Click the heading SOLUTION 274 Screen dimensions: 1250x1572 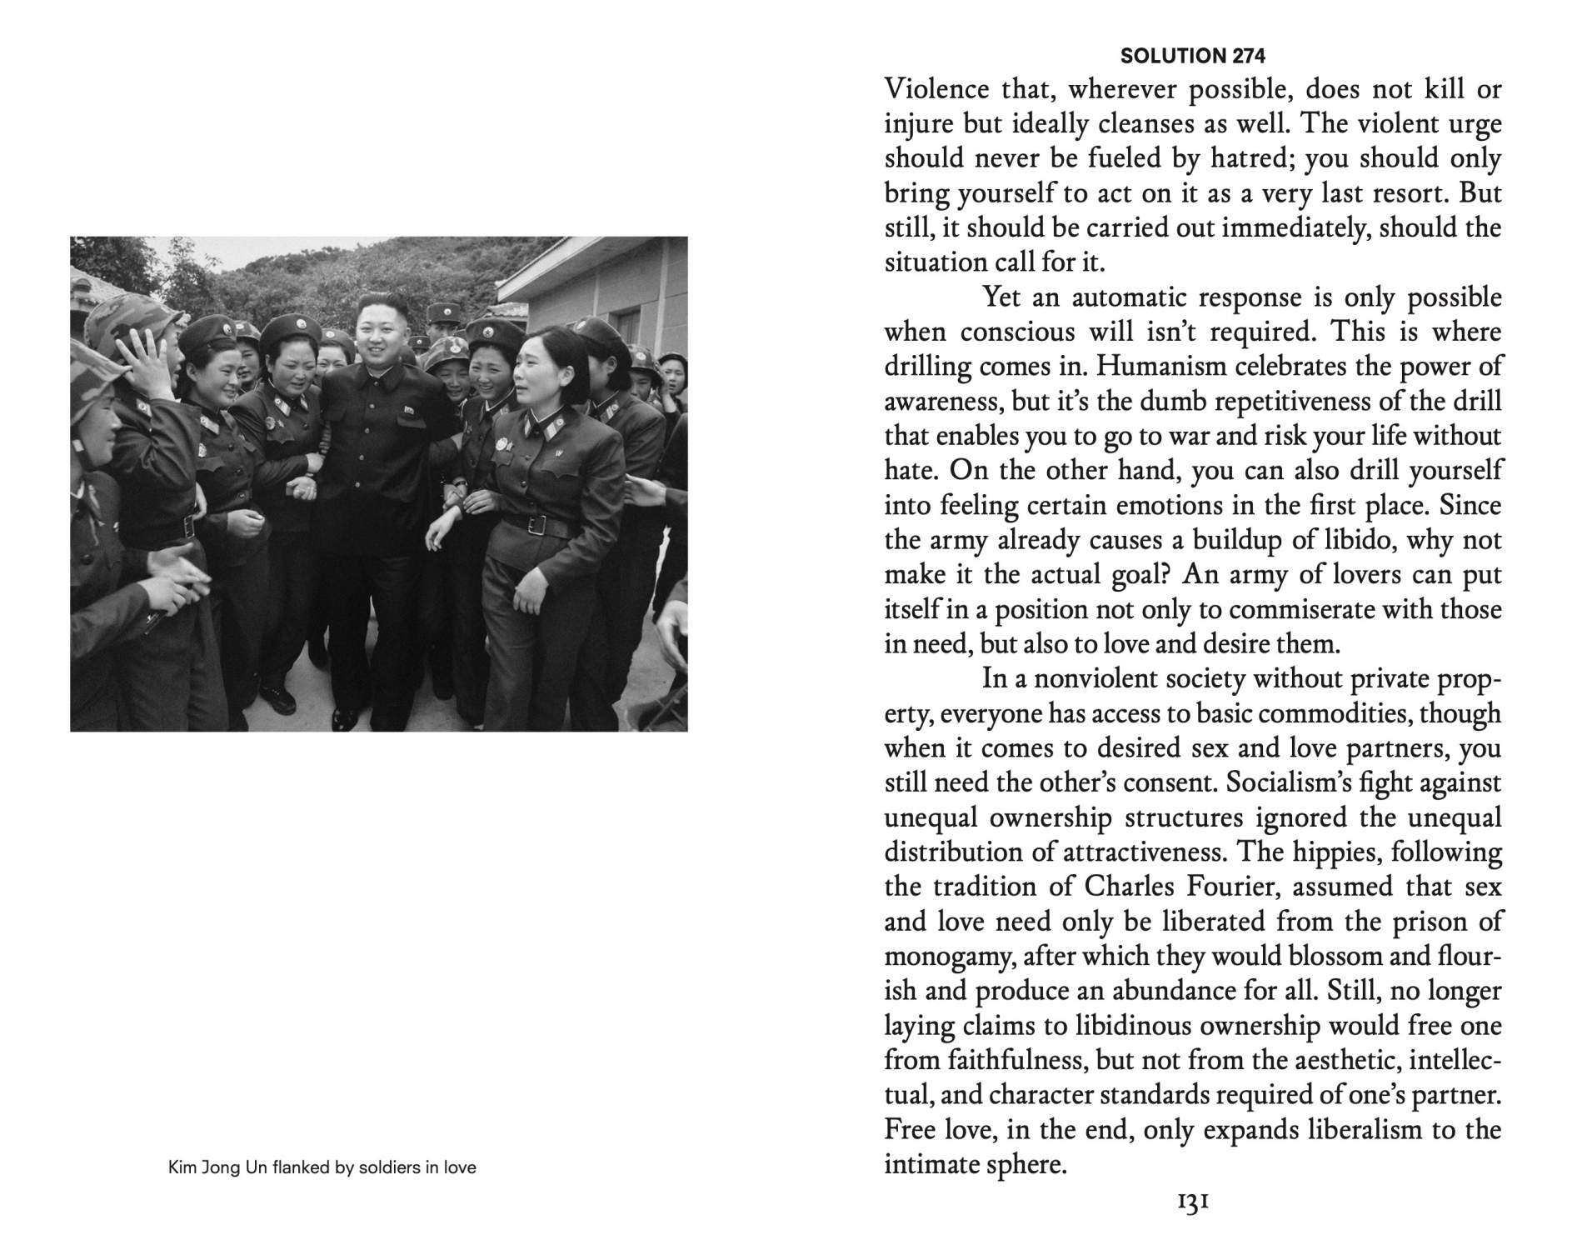point(1193,56)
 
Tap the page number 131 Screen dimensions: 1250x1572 point(1193,1202)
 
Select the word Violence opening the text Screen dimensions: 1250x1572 point(936,89)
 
